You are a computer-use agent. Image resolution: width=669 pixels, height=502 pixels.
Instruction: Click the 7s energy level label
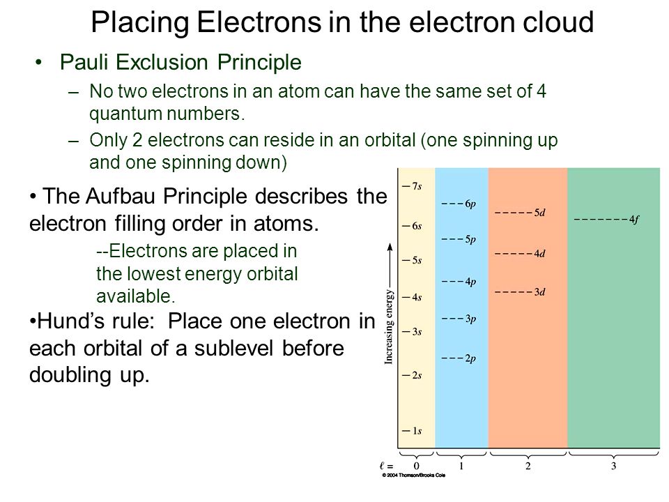pos(417,186)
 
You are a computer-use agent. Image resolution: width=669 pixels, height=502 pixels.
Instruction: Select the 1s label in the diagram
pos(417,431)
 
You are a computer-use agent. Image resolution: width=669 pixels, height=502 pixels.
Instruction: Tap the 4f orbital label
pos(634,220)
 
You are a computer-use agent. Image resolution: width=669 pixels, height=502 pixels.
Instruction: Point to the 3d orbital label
pos(539,292)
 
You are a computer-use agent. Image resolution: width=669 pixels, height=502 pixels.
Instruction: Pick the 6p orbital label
pos(470,204)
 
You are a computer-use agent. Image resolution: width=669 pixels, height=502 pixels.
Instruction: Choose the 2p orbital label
pos(470,358)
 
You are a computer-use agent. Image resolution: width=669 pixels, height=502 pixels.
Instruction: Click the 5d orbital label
pos(539,213)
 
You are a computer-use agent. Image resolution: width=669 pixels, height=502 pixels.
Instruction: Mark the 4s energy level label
pos(417,297)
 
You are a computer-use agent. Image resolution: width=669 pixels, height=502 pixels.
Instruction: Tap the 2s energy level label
pos(417,375)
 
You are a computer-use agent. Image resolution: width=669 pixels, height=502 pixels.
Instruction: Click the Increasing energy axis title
pos(389,326)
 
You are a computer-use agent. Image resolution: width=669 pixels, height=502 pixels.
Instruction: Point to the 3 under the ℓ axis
pos(613,466)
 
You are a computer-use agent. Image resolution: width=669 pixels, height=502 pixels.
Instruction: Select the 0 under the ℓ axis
pos(417,466)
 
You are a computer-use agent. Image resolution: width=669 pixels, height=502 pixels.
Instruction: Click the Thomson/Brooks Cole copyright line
pos(413,475)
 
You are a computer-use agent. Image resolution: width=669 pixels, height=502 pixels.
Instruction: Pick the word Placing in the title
pos(140,22)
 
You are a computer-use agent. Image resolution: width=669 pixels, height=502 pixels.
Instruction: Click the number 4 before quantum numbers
pos(541,91)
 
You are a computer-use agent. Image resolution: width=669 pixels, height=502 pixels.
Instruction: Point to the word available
pos(136,296)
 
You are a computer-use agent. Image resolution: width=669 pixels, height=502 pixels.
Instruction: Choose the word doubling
pos(70,376)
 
